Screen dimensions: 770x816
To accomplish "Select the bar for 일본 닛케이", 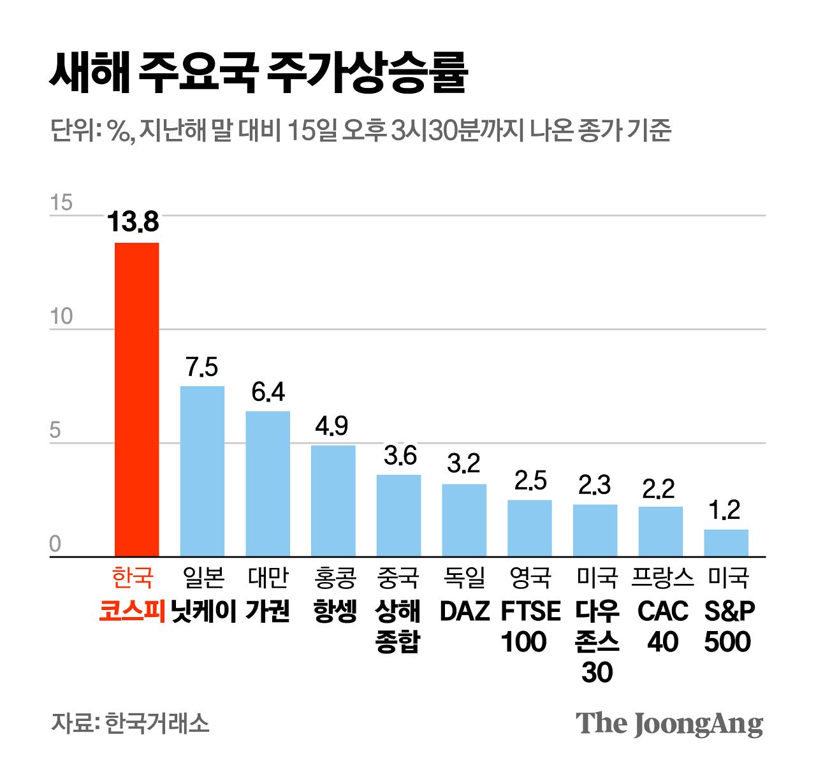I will tap(202, 471).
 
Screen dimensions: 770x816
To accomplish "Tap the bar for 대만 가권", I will tap(268, 484).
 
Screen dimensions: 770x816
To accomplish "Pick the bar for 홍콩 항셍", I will tap(333, 501).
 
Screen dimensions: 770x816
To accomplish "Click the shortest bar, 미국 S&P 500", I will tap(726, 543).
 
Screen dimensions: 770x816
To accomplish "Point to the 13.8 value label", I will tap(133, 222).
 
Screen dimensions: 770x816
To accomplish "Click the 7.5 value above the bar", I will tap(201, 367).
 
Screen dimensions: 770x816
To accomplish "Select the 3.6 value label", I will tap(400, 456).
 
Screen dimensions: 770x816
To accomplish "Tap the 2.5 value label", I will tap(530, 481).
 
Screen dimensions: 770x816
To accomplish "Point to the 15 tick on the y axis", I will tap(61, 203).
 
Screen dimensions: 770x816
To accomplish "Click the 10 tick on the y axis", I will tap(61, 317).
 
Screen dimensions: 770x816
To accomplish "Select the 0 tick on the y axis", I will tap(55, 544).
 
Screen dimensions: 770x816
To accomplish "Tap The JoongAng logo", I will tap(669, 723).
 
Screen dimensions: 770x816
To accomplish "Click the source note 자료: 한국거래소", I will tap(130, 723).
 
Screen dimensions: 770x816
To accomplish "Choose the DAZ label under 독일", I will tap(464, 611).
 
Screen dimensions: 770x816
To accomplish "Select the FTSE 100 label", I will tap(530, 627).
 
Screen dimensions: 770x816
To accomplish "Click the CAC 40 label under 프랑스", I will tap(662, 627).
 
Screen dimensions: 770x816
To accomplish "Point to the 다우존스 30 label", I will tap(597, 641).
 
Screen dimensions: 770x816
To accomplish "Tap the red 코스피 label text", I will tap(132, 611).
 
